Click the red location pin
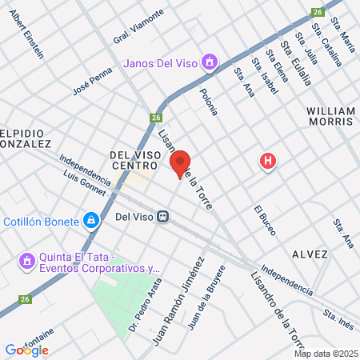click(x=180, y=163)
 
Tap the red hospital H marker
click(x=268, y=162)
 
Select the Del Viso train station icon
click(x=163, y=216)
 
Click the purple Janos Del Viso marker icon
click(x=210, y=62)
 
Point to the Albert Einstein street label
click(x=27, y=35)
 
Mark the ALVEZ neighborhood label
click(x=311, y=254)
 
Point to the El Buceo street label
click(x=265, y=220)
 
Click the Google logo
click(x=26, y=350)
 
